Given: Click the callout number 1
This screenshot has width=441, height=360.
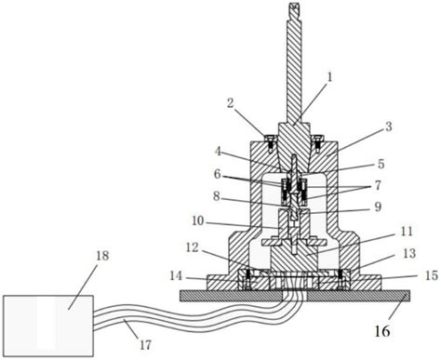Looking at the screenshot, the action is [329, 77].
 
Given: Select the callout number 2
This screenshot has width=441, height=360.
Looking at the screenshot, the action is [230, 103].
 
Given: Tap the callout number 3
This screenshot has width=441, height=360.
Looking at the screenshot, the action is [388, 127].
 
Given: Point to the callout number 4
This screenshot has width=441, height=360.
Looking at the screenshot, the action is [218, 152].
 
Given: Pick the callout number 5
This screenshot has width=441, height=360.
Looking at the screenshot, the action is [381, 164].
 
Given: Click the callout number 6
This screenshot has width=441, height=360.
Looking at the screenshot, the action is [218, 174].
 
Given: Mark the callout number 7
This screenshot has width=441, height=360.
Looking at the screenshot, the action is [378, 185].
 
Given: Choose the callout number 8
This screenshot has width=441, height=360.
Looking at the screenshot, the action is [217, 196].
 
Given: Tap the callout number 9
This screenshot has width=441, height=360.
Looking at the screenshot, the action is [378, 207].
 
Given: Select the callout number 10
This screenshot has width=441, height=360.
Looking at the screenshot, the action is [198, 221].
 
